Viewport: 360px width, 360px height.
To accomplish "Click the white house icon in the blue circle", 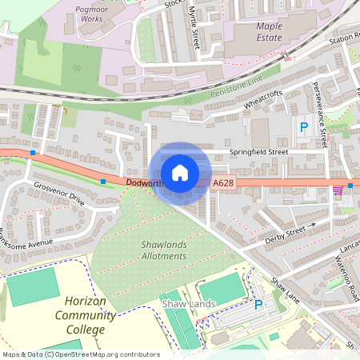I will click(180, 172).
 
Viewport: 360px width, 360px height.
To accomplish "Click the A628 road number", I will click(223, 183).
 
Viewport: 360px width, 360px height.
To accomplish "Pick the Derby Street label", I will click(284, 232).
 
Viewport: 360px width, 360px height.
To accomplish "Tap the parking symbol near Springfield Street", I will click(303, 126).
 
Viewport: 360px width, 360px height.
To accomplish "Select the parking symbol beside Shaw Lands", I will click(258, 304).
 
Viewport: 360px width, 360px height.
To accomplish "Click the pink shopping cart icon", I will click(338, 190).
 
